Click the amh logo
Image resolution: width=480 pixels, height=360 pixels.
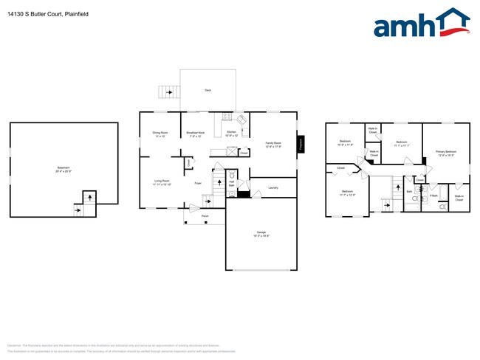pyautogui.click(x=421, y=24)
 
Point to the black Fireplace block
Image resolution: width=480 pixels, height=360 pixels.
pyautogui.click(x=301, y=145)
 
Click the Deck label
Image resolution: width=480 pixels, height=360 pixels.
pyautogui.click(x=208, y=90)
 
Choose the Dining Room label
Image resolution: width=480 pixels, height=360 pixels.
pyautogui.click(x=160, y=134)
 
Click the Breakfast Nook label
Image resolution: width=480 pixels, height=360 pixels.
pyautogui.click(x=195, y=134)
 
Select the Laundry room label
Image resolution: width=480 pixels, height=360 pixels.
pyautogui.click(x=273, y=187)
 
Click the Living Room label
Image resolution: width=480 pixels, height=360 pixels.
pyautogui.click(x=162, y=182)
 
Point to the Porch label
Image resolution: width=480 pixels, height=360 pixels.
pyautogui.click(x=205, y=215)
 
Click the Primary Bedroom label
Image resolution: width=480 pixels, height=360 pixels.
pyautogui.click(x=445, y=153)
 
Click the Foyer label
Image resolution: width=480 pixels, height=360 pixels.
pyautogui.click(x=198, y=183)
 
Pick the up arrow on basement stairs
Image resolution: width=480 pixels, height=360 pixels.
pyautogui.click(x=89, y=197)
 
